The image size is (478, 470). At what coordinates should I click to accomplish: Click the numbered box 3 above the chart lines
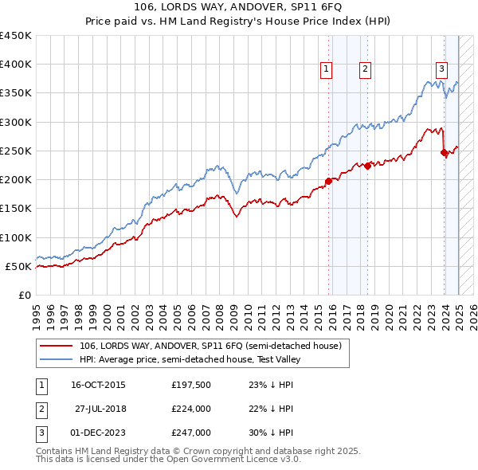[441, 69]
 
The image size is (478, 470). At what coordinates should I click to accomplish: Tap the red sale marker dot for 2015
[328, 181]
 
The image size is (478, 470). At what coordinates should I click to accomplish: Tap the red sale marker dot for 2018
[367, 166]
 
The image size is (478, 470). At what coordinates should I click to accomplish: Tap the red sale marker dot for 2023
[444, 153]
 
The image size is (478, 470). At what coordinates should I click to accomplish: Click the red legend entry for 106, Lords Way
[210, 346]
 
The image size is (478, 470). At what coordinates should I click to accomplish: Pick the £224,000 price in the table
[190, 409]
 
